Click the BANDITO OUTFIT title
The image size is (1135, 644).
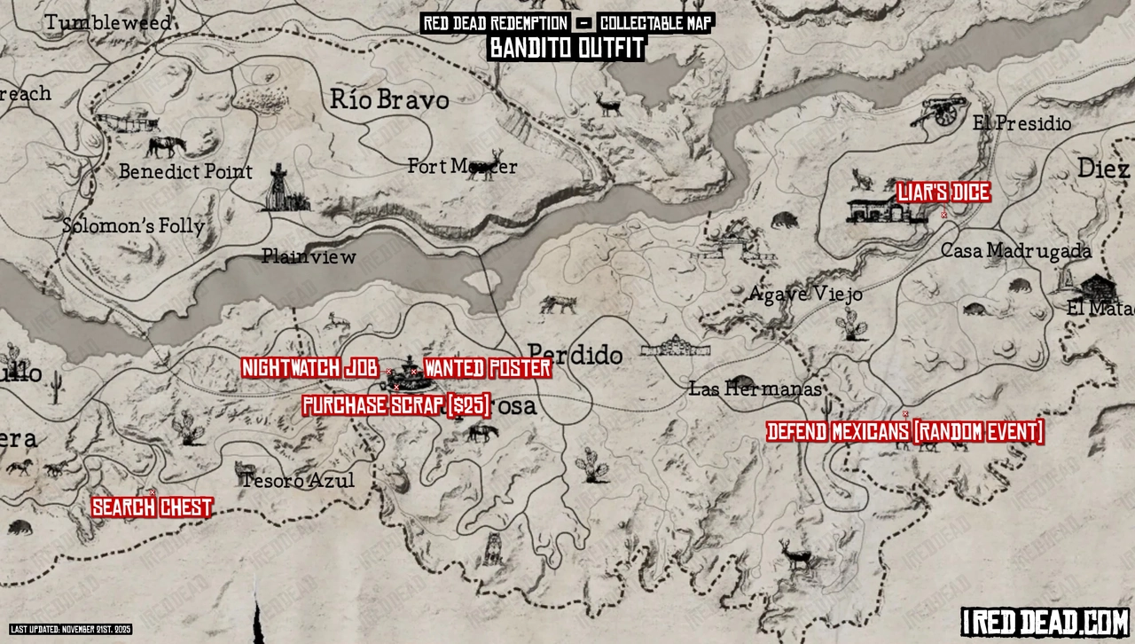[x=567, y=49]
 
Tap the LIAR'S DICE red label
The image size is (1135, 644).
[x=943, y=192]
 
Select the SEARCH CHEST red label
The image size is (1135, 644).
[x=153, y=508]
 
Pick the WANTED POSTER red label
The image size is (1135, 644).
[x=488, y=368]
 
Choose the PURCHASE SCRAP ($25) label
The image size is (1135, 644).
[x=396, y=406]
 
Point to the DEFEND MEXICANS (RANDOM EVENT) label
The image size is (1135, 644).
[x=905, y=432]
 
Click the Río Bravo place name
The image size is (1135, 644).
[x=389, y=99]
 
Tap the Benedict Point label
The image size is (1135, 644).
[x=186, y=171]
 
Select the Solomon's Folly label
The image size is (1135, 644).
[x=133, y=226]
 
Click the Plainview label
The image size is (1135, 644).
[x=309, y=257]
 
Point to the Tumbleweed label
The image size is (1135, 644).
[x=108, y=23]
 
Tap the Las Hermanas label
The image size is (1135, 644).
[x=755, y=389]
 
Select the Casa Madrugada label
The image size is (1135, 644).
[x=1015, y=251]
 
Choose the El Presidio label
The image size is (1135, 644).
[x=1021, y=123]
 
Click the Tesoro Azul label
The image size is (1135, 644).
[x=297, y=481]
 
